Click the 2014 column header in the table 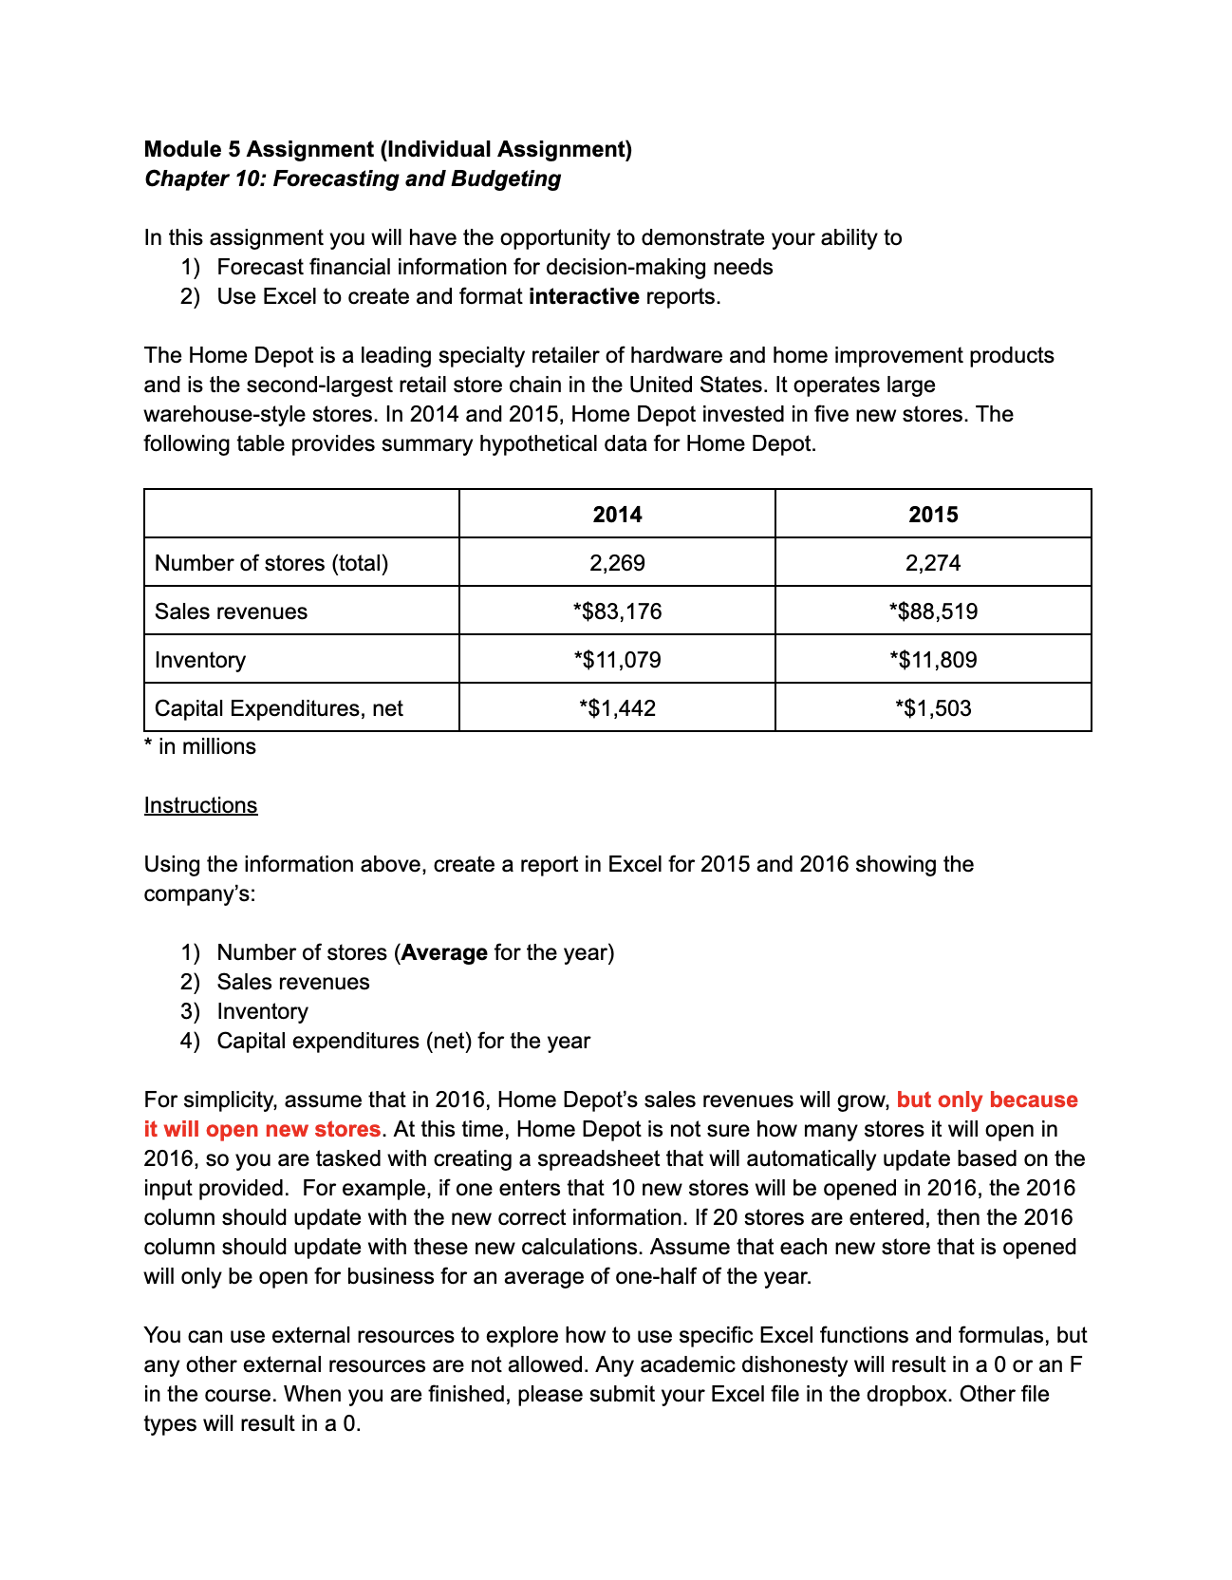(x=617, y=515)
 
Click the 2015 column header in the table (x=933, y=515)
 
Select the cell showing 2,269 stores (x=617, y=563)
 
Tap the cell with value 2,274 (x=933, y=563)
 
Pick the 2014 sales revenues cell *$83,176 (x=617, y=611)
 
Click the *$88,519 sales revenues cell (x=933, y=611)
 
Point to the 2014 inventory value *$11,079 (x=617, y=660)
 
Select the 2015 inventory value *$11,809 (x=933, y=660)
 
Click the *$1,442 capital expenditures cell (x=617, y=708)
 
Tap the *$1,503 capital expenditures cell (x=933, y=708)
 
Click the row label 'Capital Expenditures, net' (x=278, y=708)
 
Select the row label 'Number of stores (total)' (x=271, y=563)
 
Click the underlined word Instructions (x=200, y=805)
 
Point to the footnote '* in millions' (x=200, y=746)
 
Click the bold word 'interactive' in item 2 (x=584, y=296)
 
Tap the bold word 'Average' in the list (x=444, y=952)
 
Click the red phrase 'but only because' (x=987, y=1100)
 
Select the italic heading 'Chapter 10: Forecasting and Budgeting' (x=352, y=179)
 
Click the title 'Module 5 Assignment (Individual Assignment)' (x=387, y=149)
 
